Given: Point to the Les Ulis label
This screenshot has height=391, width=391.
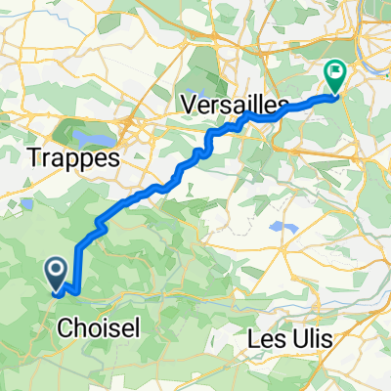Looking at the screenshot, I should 288,338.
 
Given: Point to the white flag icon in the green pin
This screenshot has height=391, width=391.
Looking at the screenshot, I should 335,70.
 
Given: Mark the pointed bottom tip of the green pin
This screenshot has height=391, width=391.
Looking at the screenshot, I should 335,94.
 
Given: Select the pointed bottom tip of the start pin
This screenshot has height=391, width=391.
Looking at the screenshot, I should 56,290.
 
